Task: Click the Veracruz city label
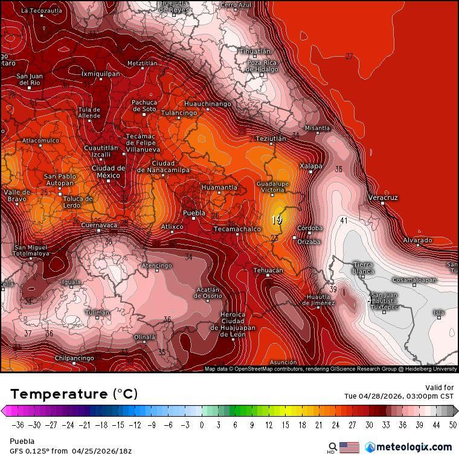[x=383, y=197]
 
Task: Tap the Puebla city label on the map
[x=194, y=213]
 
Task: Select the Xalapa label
[x=311, y=166]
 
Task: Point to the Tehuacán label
[x=268, y=271]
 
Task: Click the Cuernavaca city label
[x=99, y=225]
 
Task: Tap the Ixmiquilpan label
[x=100, y=74]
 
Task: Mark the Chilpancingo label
[x=74, y=358]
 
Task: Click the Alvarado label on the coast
[x=417, y=240]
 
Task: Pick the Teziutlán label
[x=271, y=138]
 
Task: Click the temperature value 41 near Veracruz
[x=344, y=220]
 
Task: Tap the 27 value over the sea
[x=349, y=56]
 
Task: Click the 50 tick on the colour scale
[x=453, y=425]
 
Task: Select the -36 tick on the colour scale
[x=18, y=425]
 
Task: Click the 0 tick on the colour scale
[x=201, y=425]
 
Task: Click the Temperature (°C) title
[x=74, y=394]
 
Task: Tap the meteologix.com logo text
[x=414, y=447]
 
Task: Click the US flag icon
[x=349, y=448]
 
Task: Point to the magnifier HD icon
[x=332, y=448]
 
